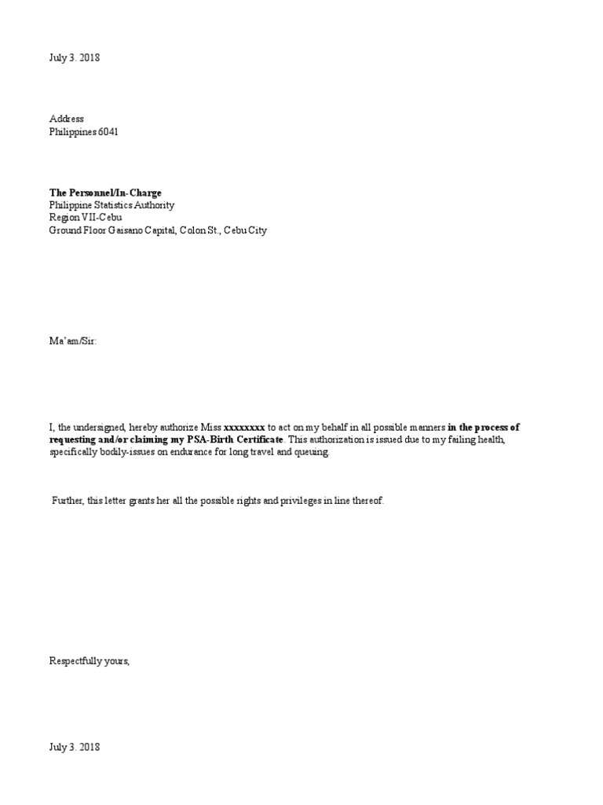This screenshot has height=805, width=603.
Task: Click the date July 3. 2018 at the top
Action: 75,58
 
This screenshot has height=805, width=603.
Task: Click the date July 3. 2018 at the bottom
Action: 75,747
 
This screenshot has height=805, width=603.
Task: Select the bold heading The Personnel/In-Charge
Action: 105,193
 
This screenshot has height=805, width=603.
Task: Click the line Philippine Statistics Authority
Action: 111,205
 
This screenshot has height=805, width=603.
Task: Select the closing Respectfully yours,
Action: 89,661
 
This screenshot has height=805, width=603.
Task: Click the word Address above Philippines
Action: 67,119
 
